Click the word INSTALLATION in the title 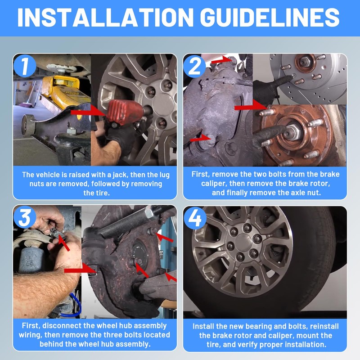[x=105, y=18]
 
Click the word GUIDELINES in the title [x=270, y=18]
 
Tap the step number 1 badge [x=25, y=66]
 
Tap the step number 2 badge [x=195, y=66]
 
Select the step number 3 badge [x=25, y=217]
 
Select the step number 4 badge [x=195, y=218]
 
